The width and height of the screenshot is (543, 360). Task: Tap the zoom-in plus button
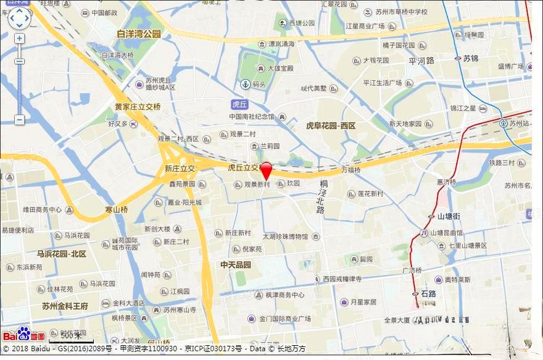(x=19, y=38)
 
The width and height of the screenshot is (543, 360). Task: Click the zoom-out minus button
(x=19, y=119)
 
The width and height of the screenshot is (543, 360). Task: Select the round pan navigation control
(x=19, y=18)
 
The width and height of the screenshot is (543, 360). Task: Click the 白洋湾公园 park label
(x=139, y=34)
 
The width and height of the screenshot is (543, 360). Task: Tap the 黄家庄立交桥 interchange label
(x=138, y=106)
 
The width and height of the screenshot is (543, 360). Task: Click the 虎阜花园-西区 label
(x=331, y=125)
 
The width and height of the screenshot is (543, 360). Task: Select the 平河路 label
(x=421, y=61)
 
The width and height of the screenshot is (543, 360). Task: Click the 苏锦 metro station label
(x=470, y=59)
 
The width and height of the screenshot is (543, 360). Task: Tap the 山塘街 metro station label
(x=448, y=217)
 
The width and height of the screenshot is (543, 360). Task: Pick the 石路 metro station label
(x=428, y=294)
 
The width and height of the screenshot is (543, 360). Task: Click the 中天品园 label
(x=236, y=264)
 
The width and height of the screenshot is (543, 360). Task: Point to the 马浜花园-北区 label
(x=61, y=254)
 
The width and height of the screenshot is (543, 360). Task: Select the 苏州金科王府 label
(x=65, y=306)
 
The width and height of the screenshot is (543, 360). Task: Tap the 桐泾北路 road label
(x=321, y=197)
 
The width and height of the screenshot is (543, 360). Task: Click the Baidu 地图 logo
(x=25, y=334)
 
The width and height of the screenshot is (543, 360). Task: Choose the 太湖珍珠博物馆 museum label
(x=284, y=236)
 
